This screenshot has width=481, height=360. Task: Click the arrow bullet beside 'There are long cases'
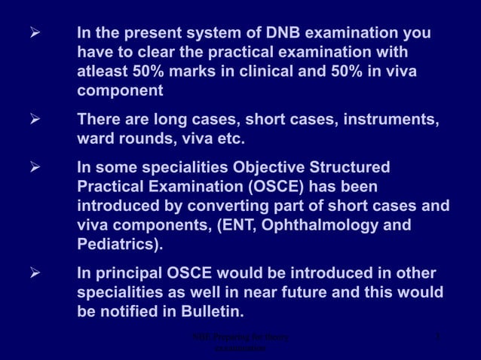point(33,120)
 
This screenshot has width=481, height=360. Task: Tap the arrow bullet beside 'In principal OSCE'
point(33,272)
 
